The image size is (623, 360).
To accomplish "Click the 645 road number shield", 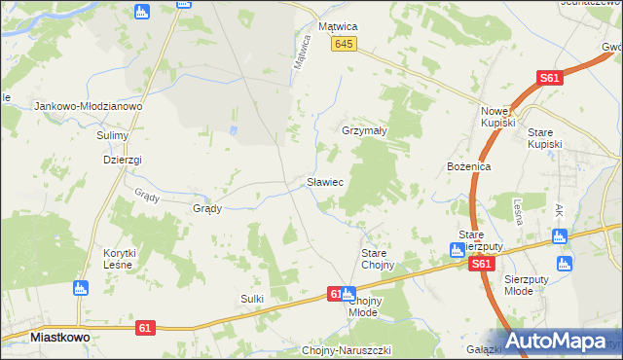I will click(x=344, y=45).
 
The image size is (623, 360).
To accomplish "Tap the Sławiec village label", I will click(x=322, y=181).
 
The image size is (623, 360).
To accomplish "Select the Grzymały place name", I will click(x=365, y=130).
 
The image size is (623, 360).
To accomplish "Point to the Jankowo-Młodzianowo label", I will click(x=89, y=106).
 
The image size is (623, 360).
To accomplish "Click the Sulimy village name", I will click(x=112, y=135).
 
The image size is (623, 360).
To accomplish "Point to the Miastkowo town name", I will click(x=60, y=337).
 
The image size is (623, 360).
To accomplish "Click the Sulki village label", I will click(x=252, y=299).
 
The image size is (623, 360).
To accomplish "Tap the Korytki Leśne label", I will click(x=121, y=259).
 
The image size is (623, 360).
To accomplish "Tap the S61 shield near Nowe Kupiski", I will click(x=550, y=79).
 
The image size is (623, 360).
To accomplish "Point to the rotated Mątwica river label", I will click(x=303, y=52).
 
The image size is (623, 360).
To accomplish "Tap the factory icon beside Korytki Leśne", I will click(x=81, y=288).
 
